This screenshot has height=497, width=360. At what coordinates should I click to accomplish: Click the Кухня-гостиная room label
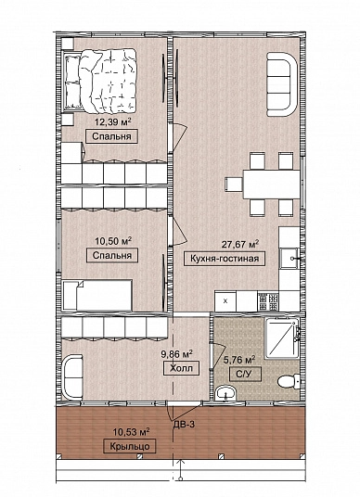click(x=225, y=259)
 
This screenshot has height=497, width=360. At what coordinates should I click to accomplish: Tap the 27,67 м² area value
click(x=240, y=245)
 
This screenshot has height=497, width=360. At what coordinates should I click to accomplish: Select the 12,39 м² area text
click(x=113, y=121)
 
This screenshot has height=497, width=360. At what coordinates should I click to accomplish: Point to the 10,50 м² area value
click(x=113, y=241)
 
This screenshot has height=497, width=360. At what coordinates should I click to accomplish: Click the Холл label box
click(x=182, y=369)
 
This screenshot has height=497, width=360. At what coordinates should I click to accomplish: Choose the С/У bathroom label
click(x=246, y=375)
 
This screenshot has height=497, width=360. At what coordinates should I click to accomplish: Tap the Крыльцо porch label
click(x=130, y=446)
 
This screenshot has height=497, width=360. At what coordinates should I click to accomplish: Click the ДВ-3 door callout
click(x=184, y=424)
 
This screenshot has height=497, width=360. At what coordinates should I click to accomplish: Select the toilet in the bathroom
click(x=289, y=381)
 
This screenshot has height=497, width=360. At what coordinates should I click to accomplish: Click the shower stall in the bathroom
click(x=282, y=338)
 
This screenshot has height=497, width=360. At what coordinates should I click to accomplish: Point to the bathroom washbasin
click(x=225, y=394)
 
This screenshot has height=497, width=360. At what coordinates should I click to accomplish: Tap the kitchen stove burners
click(x=268, y=301)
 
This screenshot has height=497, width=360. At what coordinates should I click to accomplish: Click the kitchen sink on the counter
click(x=289, y=259)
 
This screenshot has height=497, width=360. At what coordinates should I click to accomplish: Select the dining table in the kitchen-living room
click(x=272, y=185)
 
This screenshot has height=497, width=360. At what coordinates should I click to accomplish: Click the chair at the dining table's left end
click(x=234, y=185)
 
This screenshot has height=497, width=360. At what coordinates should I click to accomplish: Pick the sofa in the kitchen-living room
click(x=282, y=84)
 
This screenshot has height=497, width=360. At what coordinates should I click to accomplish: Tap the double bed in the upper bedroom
click(x=100, y=81)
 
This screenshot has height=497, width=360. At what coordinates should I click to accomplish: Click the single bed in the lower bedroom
click(x=97, y=295)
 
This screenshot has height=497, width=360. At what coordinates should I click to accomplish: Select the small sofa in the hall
click(x=72, y=376)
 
